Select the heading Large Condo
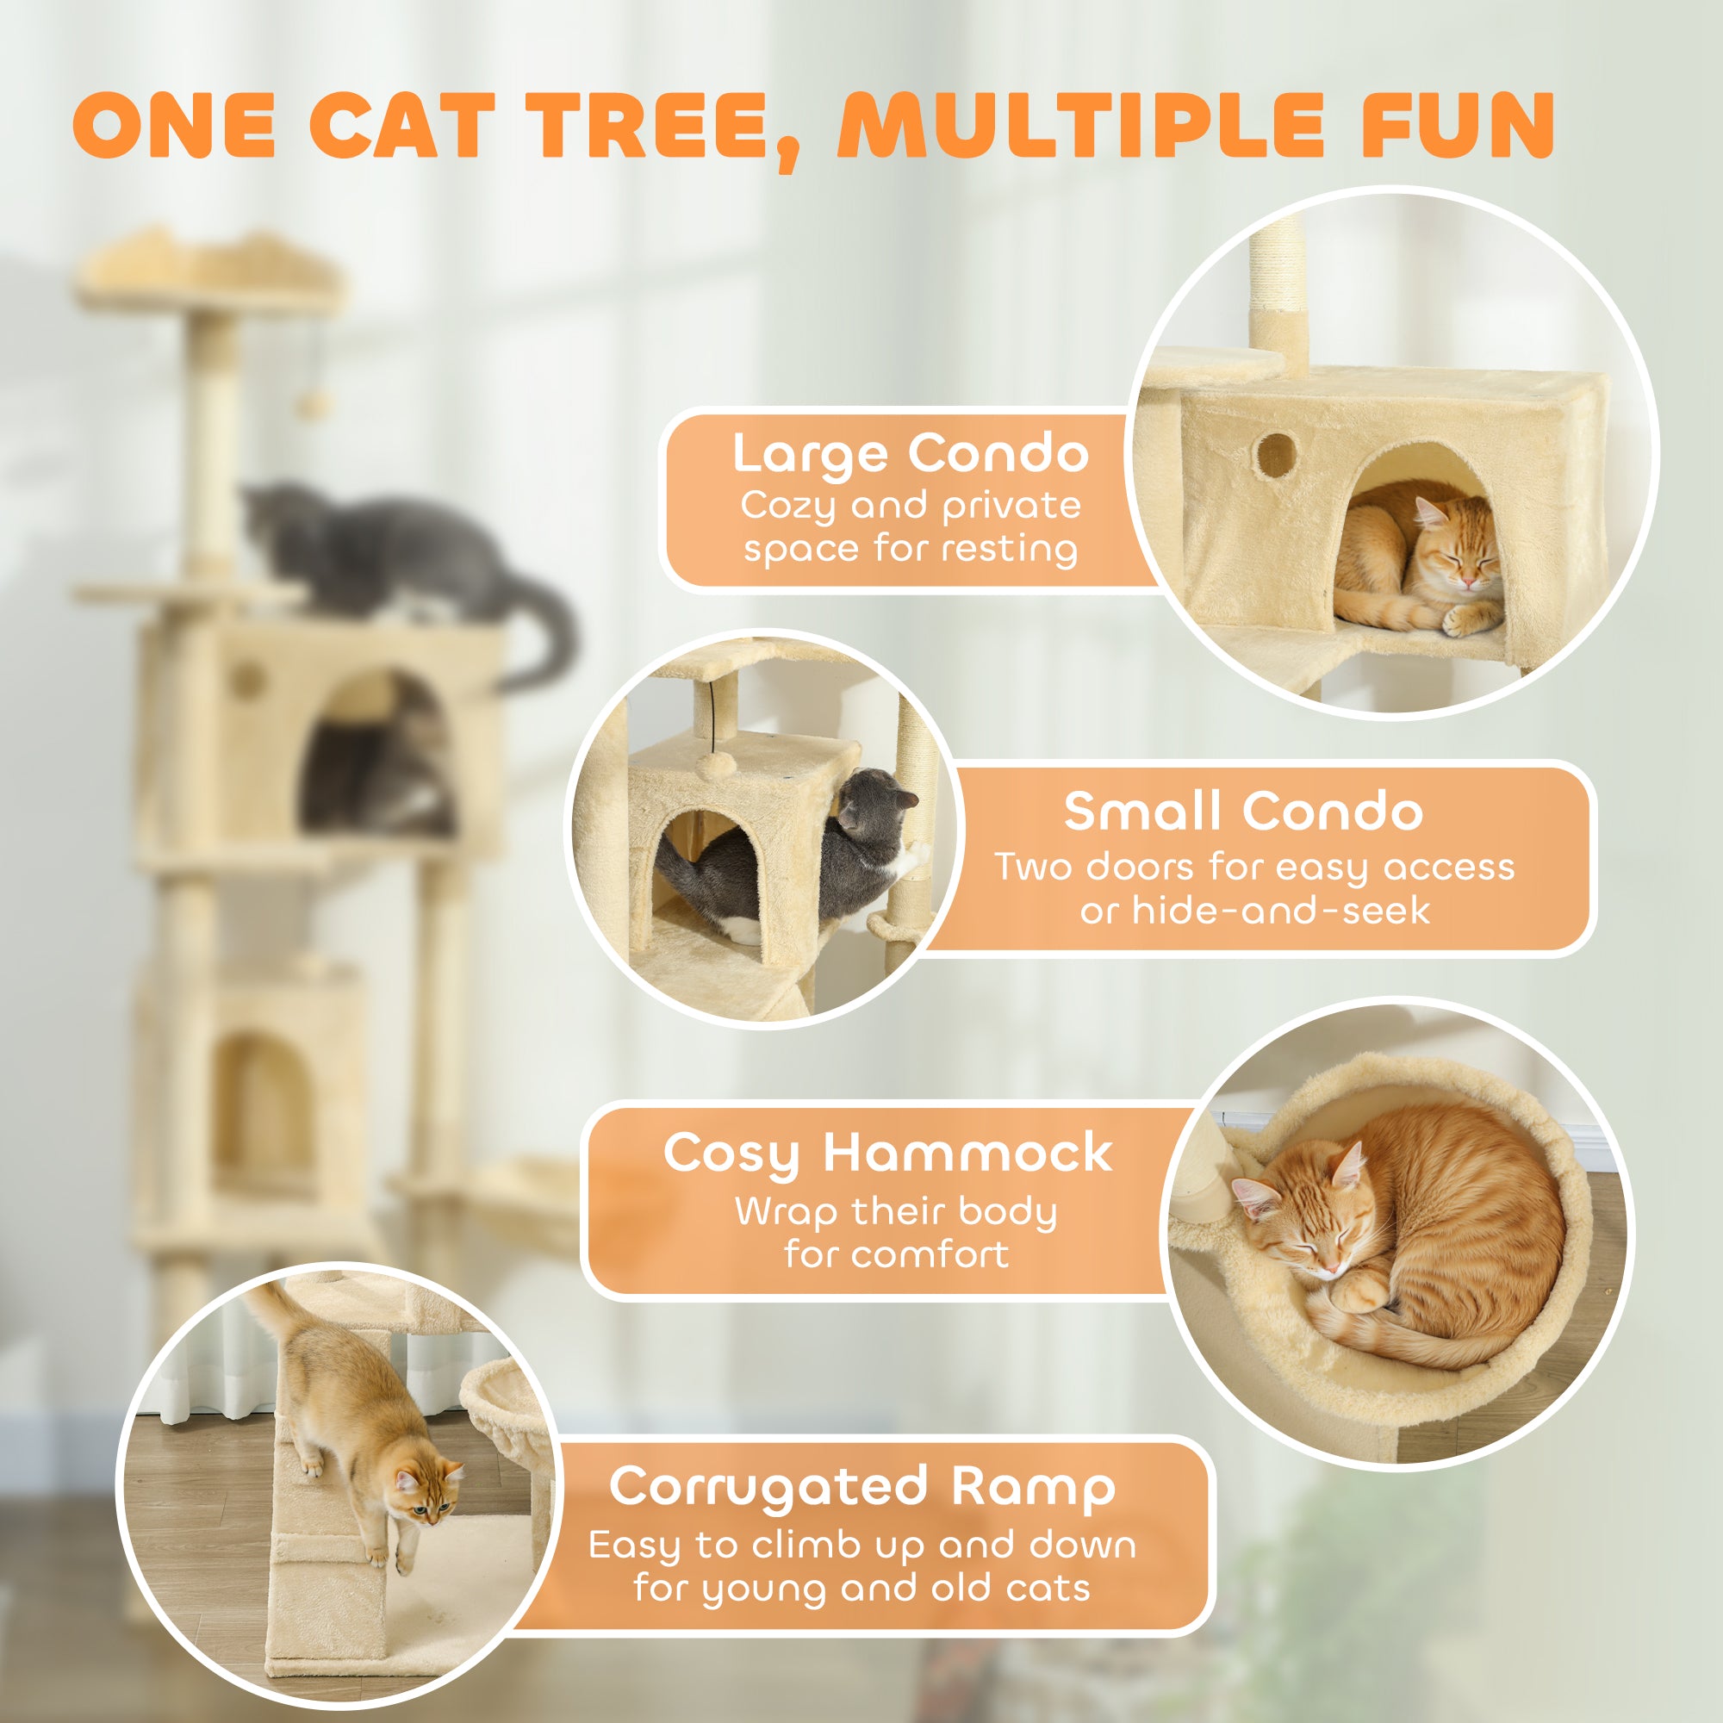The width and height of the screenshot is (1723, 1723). click(910, 455)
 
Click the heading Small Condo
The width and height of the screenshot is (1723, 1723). click(1243, 812)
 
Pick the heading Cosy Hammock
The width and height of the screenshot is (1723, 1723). click(887, 1154)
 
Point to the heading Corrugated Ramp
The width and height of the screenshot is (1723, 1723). click(861, 1487)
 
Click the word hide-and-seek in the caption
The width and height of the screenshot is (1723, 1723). click(1281, 911)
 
